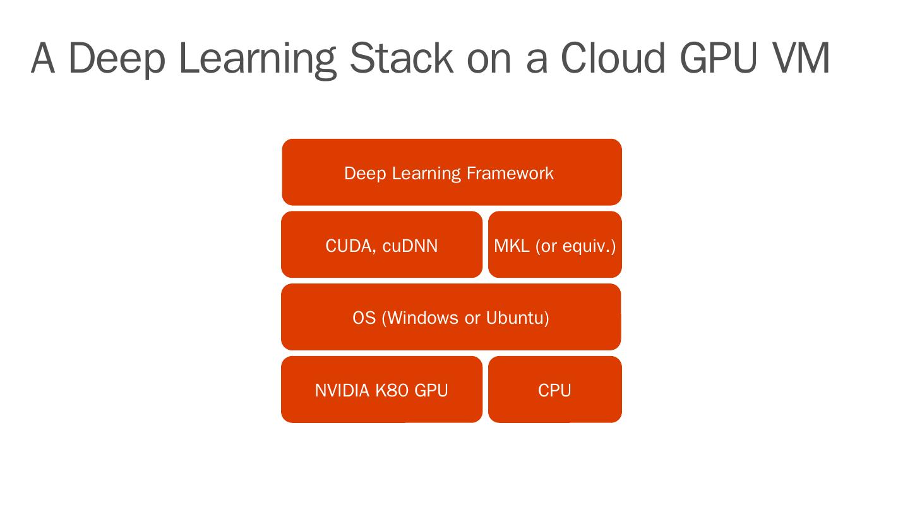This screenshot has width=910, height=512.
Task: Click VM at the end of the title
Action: [799, 58]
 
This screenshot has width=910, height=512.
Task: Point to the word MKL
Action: [512, 246]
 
